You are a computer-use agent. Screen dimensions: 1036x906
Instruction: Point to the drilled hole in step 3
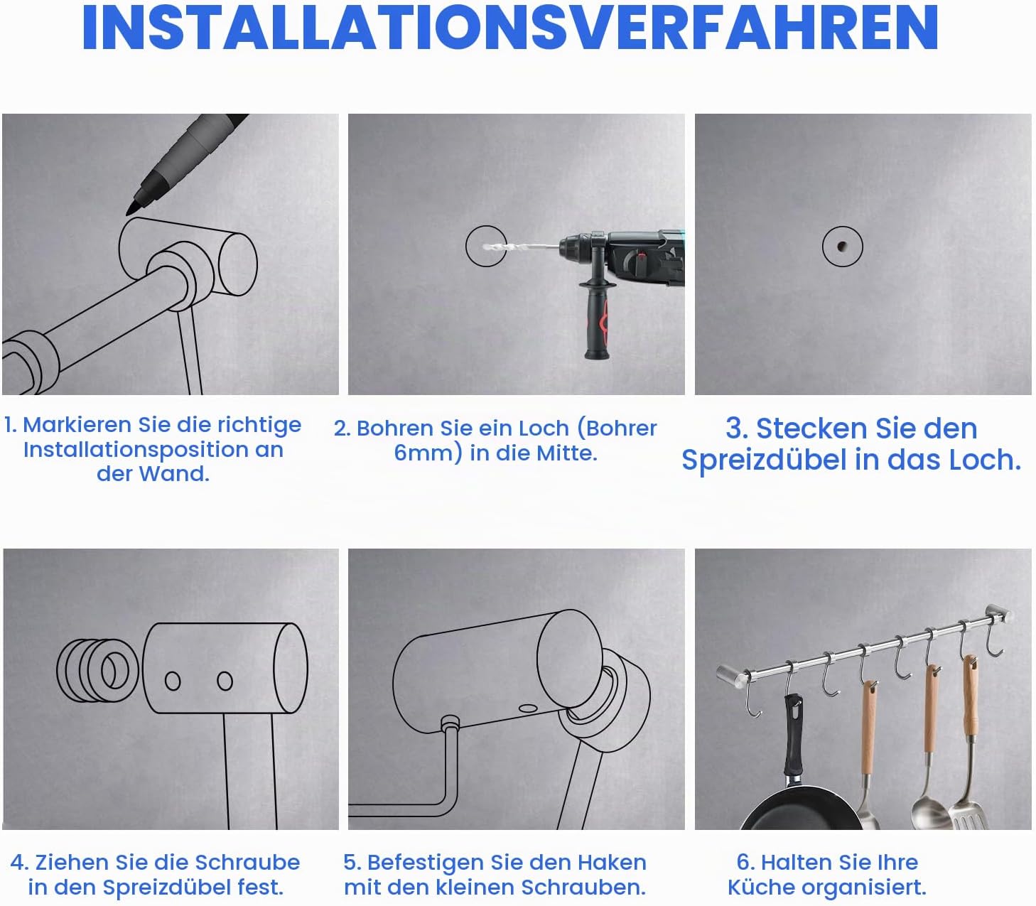(841, 247)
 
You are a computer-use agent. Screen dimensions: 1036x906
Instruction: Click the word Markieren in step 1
(78, 425)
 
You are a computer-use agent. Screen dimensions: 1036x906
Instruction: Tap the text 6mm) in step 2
(428, 453)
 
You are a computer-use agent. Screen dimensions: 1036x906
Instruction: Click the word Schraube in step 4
(247, 862)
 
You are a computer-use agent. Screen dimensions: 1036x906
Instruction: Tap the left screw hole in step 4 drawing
(173, 681)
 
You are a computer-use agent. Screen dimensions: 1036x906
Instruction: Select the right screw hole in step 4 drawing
(225, 681)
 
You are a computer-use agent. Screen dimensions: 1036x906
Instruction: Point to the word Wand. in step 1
(174, 474)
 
